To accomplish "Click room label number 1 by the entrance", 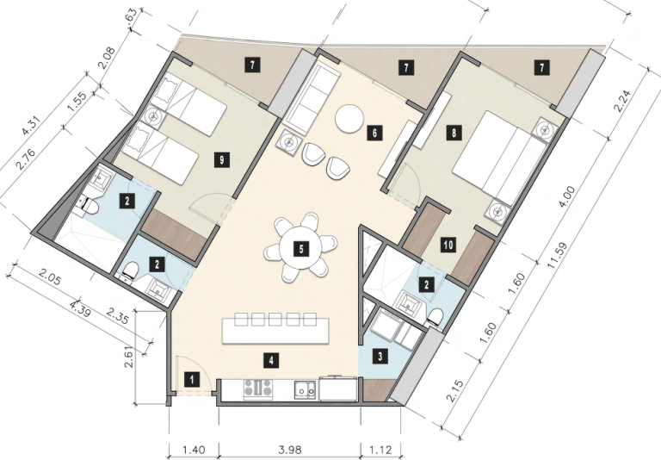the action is [192, 379].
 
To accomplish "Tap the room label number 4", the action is [271, 361].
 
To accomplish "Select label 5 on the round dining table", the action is [301, 249].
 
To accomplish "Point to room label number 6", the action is [374, 134].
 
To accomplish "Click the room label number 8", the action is [454, 134].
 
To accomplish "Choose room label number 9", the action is [222, 160].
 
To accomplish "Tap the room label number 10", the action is [448, 245].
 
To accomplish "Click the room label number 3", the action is [380, 357].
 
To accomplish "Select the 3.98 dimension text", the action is [290, 450].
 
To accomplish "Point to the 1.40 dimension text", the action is [194, 450].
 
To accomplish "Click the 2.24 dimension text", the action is [622, 102].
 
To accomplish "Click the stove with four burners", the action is [257, 389].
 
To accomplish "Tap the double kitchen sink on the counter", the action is [306, 389].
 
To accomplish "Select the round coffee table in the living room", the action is [349, 119].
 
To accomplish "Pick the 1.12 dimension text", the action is [381, 450].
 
